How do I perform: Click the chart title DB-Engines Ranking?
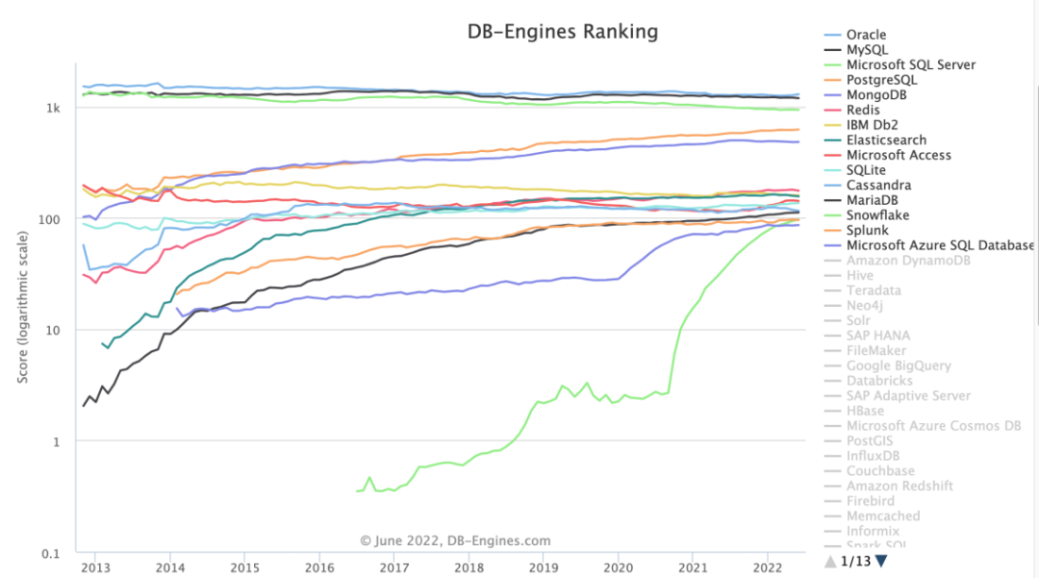563,32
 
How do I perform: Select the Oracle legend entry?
866,35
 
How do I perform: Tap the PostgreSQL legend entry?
881,80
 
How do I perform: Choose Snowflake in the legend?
877,215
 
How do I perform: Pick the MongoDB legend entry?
875,95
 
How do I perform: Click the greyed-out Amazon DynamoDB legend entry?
908,261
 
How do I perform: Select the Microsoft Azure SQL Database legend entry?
940,245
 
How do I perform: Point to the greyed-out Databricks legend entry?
879,381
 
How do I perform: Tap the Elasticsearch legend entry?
886,140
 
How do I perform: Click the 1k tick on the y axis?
53,108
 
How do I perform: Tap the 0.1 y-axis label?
49,553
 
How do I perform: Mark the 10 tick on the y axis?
53,330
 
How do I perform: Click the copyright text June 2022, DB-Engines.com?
455,541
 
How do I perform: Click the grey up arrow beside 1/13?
831,561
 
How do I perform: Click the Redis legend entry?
864,111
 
